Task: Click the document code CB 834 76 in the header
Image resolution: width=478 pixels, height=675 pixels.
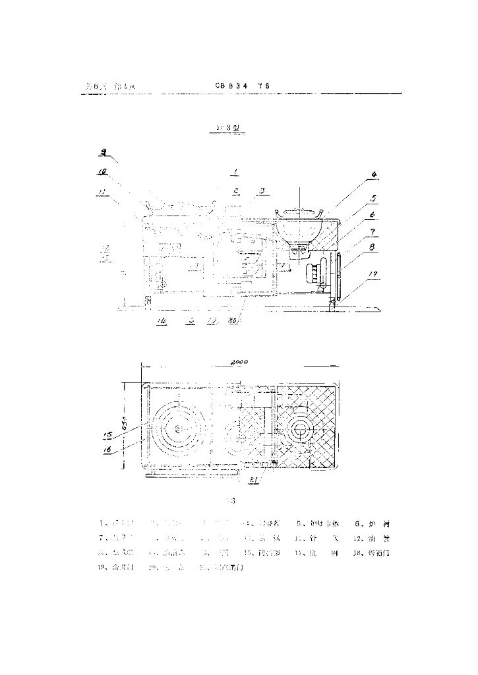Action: tap(243, 86)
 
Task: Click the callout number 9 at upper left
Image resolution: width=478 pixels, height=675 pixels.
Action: tap(104, 152)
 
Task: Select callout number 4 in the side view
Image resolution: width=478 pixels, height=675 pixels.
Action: tap(373, 175)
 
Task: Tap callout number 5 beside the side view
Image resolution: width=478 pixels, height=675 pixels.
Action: tap(373, 197)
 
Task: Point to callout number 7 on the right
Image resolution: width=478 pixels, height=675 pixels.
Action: tap(373, 232)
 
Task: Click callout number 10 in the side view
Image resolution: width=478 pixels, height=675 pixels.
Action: tap(102, 173)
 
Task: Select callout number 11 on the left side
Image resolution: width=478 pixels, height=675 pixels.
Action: tap(102, 192)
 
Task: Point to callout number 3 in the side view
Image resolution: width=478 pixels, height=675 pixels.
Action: tap(262, 191)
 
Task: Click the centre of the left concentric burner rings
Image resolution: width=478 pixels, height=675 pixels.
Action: tap(179, 429)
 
